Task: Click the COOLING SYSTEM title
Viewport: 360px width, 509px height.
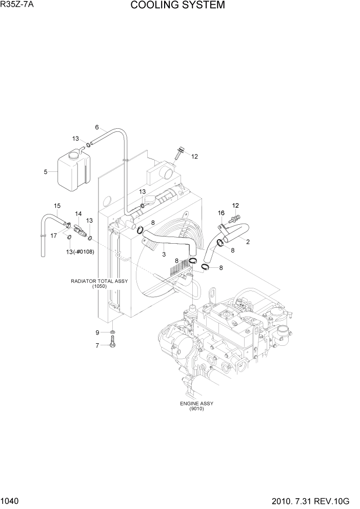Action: click(x=177, y=6)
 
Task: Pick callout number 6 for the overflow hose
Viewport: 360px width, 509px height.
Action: click(x=96, y=127)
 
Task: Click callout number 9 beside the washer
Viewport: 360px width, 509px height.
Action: click(x=96, y=332)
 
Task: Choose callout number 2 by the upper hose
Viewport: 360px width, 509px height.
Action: click(x=248, y=242)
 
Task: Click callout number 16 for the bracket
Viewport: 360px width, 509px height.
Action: click(x=221, y=212)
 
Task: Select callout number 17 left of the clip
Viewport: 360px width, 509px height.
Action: click(x=52, y=236)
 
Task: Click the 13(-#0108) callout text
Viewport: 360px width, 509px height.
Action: click(x=78, y=251)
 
